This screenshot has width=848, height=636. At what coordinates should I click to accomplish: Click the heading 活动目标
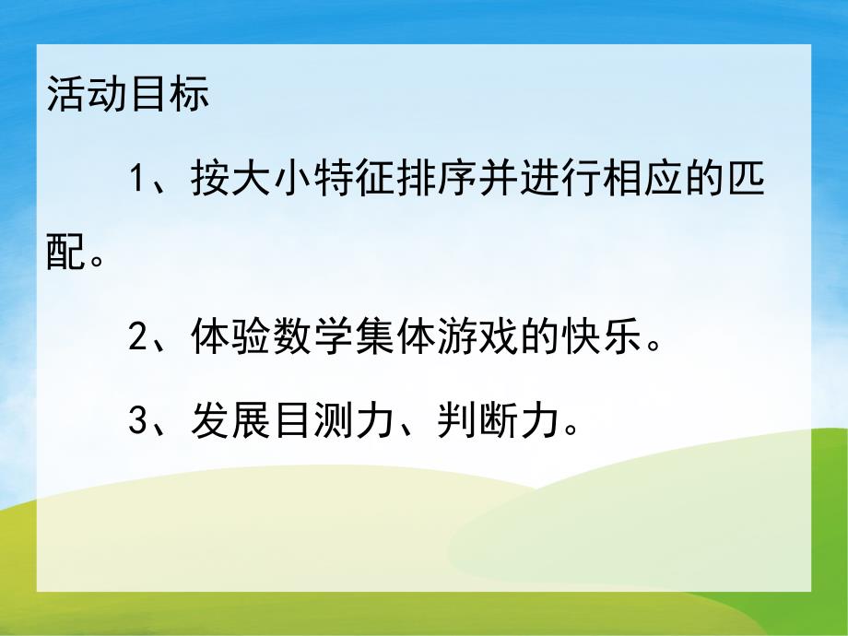point(128,96)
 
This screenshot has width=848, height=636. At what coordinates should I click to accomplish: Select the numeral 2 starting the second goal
point(139,337)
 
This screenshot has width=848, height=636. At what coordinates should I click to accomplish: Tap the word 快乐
point(598,337)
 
